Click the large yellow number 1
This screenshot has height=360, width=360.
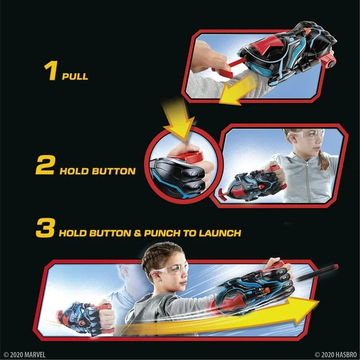point(51,72)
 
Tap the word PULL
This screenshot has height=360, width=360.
point(75,76)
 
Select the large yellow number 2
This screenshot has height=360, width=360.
point(45,166)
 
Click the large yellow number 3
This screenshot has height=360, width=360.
point(45,229)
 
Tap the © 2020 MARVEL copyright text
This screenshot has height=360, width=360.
point(24,354)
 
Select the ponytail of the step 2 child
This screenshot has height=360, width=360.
point(323,161)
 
